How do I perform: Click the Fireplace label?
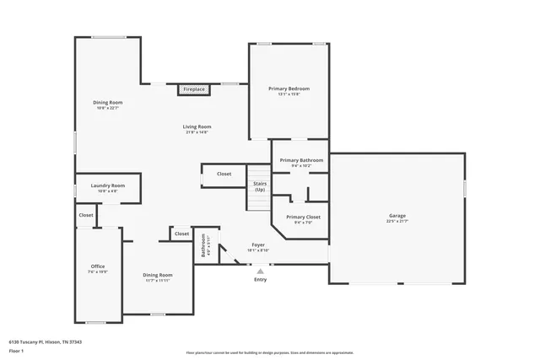194,89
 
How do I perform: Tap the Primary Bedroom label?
289,89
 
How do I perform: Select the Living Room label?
197,127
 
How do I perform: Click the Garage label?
397,217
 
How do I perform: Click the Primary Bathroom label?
301,160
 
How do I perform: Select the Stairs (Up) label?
260,186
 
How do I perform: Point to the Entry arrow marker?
260,271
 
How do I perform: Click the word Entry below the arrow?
260,280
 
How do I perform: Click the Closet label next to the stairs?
224,174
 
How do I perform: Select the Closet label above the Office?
86,215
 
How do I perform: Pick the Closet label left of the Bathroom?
181,234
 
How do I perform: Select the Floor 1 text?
16,350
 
